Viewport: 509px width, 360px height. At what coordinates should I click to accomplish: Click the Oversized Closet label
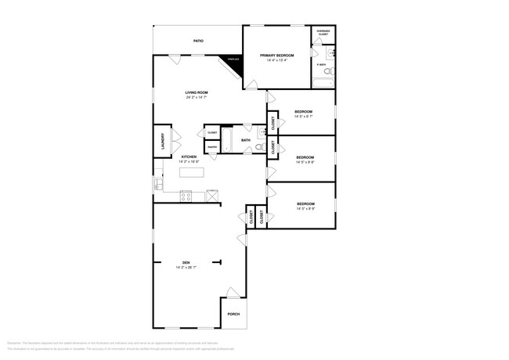[323, 33]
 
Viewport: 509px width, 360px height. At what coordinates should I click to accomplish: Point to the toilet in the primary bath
[332, 53]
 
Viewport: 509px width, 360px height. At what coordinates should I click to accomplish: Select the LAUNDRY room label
[162, 141]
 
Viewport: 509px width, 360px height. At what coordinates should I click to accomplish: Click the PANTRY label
[212, 147]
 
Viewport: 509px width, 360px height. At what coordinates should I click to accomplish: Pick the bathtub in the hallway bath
[227, 141]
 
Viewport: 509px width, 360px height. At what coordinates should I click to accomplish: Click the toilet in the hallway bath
[259, 147]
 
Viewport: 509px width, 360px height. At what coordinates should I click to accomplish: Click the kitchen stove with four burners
[186, 196]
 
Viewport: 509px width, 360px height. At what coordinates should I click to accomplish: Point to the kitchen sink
[158, 185]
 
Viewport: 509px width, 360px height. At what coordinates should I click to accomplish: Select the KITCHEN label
[189, 157]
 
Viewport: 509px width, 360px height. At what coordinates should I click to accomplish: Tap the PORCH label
[233, 314]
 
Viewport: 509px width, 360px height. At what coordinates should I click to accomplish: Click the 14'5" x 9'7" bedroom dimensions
[304, 117]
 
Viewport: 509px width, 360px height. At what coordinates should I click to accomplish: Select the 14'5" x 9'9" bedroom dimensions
[305, 208]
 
